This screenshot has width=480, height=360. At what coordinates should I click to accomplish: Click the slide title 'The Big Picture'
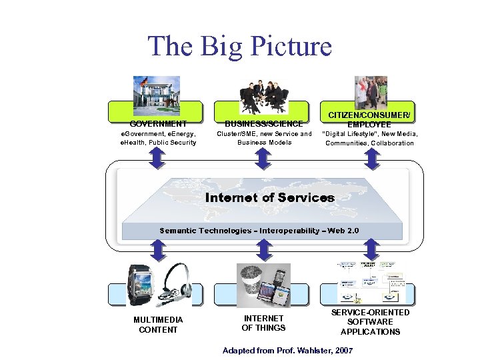point(239,46)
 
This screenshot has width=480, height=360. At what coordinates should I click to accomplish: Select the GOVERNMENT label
point(158,123)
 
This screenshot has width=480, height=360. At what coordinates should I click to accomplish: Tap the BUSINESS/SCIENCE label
point(263,123)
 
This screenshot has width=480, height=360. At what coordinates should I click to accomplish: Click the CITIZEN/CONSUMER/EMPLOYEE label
point(369,119)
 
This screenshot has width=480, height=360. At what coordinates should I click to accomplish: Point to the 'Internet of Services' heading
point(270,197)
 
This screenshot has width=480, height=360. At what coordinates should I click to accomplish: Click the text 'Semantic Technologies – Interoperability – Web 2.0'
point(259,231)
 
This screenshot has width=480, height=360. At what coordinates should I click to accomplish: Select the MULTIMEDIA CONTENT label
point(158,325)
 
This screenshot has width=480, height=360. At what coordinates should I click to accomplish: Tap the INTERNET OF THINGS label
point(263,323)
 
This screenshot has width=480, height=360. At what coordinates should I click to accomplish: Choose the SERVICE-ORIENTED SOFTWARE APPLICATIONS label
point(370,322)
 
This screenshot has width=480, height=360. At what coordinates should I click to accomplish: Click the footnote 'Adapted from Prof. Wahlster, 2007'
point(288,350)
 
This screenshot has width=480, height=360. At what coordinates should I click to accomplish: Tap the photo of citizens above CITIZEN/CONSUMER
point(370,92)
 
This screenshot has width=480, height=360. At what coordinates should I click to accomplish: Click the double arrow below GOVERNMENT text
point(157,159)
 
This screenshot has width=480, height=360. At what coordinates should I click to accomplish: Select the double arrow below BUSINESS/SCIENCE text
point(263,159)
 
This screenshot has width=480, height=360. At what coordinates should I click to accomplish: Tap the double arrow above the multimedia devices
point(157,251)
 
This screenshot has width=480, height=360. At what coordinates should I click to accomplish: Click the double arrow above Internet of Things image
point(263,251)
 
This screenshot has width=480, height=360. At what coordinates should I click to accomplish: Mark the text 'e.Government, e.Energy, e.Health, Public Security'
point(158,138)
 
